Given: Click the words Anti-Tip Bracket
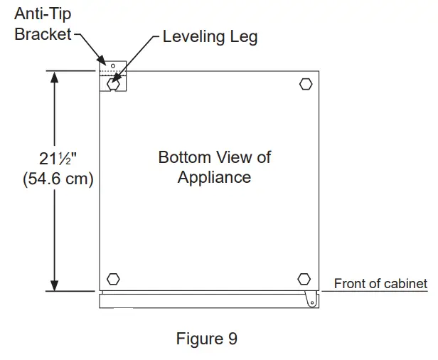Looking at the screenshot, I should point(43,24).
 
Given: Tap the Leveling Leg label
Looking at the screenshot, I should point(210,36).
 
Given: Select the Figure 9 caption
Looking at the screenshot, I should point(206,339).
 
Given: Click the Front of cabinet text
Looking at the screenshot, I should point(380,284).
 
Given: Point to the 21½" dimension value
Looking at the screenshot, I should point(57,158).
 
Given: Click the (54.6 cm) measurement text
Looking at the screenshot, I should point(57,179).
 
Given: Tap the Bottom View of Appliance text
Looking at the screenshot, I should point(214,166).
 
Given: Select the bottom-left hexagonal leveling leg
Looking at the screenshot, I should point(112,278).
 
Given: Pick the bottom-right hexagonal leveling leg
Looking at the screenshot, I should point(304,278).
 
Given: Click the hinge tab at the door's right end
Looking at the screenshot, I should point(311,300).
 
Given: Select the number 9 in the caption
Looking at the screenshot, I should point(233,339).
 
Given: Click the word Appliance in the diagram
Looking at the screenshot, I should point(214,176).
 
